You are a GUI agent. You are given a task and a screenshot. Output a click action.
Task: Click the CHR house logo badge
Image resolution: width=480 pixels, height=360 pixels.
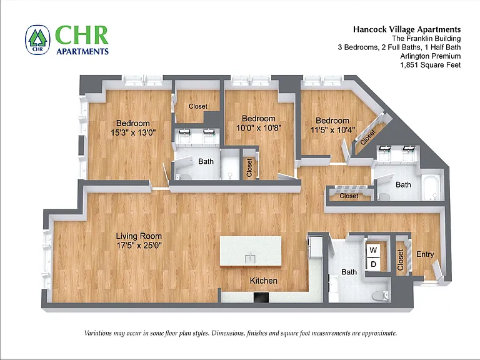(37, 40)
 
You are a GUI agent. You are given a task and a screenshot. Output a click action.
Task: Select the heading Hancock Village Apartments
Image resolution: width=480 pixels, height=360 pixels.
(407, 29)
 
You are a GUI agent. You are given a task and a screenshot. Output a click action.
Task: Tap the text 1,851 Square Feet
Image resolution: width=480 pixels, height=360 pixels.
(431, 65)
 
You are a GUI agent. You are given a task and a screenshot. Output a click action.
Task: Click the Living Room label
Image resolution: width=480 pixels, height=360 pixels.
(139, 236)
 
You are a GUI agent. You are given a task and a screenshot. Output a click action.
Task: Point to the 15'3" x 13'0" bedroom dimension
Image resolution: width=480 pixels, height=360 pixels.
(133, 132)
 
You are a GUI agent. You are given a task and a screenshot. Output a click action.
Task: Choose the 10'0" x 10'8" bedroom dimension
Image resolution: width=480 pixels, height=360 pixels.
(259, 127)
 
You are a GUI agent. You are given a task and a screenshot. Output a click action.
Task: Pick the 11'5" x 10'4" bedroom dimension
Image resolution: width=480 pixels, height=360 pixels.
(332, 130)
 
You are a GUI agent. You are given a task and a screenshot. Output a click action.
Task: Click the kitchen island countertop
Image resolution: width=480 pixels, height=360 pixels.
(251, 251)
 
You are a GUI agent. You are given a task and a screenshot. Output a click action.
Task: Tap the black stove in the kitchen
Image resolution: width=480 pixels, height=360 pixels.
(261, 297)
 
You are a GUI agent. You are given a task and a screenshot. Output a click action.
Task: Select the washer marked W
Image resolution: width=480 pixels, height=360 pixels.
(373, 250)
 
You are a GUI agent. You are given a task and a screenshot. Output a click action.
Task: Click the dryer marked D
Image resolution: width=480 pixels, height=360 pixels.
(373, 264)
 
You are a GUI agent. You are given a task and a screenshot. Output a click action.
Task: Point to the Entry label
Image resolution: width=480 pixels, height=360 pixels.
(425, 254)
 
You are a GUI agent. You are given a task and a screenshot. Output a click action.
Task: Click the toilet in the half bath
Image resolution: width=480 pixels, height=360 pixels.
(381, 296)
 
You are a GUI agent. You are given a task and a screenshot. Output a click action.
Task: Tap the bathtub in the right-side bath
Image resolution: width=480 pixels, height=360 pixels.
(432, 187)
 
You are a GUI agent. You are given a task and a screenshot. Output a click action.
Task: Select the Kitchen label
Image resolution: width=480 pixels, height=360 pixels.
(264, 281)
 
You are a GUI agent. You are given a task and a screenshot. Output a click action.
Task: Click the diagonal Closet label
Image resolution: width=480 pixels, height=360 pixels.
(367, 137)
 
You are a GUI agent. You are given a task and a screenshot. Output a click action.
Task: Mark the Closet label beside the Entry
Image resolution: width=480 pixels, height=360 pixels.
(400, 260)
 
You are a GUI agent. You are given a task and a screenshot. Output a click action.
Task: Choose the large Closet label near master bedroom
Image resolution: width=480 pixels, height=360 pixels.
(198, 106)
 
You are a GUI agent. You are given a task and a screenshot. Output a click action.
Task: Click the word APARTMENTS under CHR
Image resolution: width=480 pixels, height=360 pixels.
(82, 51)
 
